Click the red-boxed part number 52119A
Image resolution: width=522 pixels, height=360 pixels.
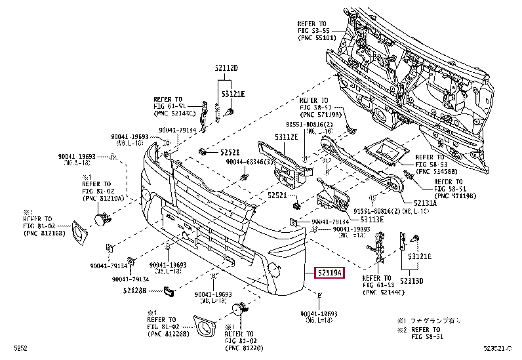click(330, 272)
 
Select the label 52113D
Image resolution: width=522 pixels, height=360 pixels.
click(412, 281)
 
